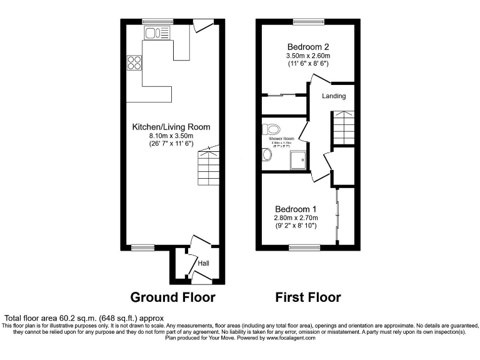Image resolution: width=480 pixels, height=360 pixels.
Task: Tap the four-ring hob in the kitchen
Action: click(134, 62)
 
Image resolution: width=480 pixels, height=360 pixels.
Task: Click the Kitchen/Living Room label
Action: click(171, 127)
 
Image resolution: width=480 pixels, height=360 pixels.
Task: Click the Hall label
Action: click(203, 264)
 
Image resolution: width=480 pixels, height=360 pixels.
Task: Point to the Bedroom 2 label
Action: click(308, 47)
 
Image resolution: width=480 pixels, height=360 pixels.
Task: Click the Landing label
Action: click(334, 96)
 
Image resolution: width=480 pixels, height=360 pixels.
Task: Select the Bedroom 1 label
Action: click(296, 209)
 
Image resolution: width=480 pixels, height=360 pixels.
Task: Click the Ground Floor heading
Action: click(172, 297)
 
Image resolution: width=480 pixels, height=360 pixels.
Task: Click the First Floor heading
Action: click(308, 297)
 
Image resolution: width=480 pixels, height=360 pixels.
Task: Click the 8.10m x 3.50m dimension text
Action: click(171, 136)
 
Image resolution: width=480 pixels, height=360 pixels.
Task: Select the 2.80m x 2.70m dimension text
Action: click(296, 217)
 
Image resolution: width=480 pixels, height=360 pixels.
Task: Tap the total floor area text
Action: click(84, 317)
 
